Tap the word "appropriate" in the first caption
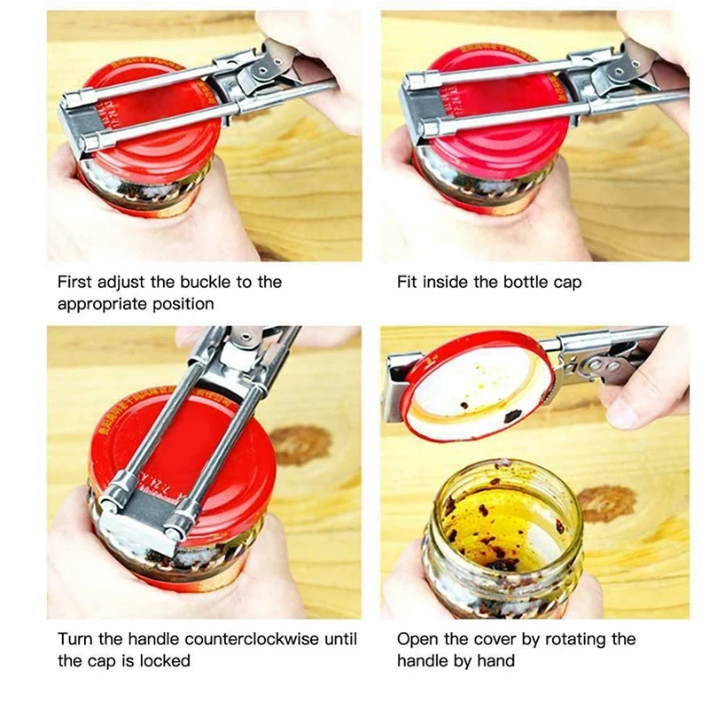point(100,304)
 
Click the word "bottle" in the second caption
point(526,283)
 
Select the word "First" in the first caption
point(75,283)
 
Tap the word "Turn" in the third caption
point(74,639)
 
